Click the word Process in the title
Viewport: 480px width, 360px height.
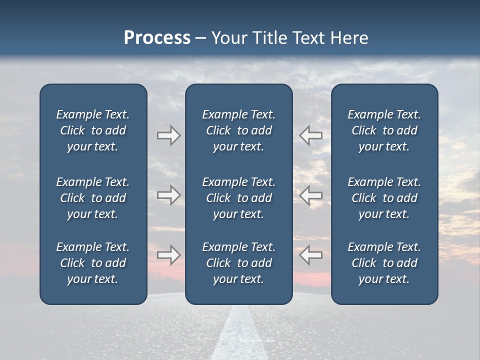157,38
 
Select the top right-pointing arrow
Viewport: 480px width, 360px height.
169,135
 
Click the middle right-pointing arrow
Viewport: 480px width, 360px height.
169,195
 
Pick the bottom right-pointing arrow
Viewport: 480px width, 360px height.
169,255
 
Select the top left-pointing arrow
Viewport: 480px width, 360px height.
310,135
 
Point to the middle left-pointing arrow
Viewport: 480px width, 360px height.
310,195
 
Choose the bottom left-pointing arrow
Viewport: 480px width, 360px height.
310,254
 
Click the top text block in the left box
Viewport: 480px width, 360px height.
93,130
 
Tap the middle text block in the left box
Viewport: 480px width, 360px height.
93,198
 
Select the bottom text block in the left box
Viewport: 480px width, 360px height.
93,263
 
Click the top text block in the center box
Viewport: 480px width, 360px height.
239,130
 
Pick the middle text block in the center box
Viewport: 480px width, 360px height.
239,198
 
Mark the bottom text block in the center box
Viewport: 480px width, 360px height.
239,263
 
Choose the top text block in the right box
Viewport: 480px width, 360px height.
384,130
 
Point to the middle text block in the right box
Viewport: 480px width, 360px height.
384,198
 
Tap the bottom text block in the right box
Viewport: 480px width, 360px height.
384,263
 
